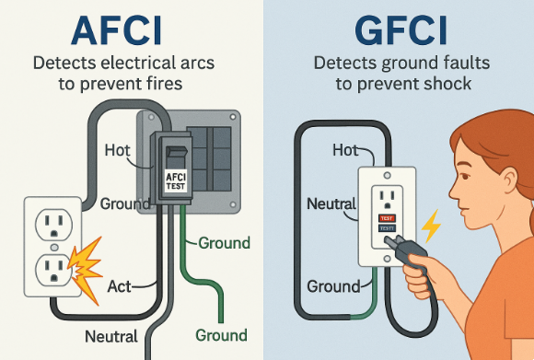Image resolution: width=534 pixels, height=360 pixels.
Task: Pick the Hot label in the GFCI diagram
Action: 345,149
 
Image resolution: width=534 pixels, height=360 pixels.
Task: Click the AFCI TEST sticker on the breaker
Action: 176,180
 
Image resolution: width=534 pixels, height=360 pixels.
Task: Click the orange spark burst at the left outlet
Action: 84,268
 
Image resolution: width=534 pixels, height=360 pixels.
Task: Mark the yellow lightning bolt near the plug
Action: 429,226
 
